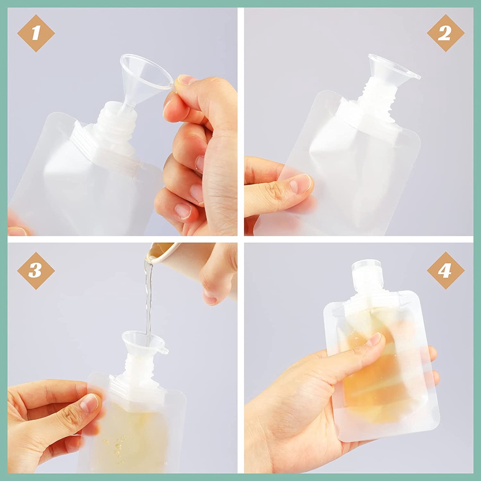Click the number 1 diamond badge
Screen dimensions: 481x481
(x=36, y=33)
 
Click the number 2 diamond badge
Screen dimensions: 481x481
(x=445, y=33)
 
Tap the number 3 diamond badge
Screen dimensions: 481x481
(x=36, y=271)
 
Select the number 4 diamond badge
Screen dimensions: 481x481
(x=445, y=271)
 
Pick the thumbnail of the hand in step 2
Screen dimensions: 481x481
(x=300, y=184)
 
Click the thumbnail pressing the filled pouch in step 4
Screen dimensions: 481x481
(x=375, y=339)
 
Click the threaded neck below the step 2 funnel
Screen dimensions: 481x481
(x=378, y=98)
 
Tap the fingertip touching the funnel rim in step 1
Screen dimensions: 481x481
(x=184, y=80)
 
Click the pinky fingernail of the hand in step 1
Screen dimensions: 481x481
(x=183, y=211)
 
